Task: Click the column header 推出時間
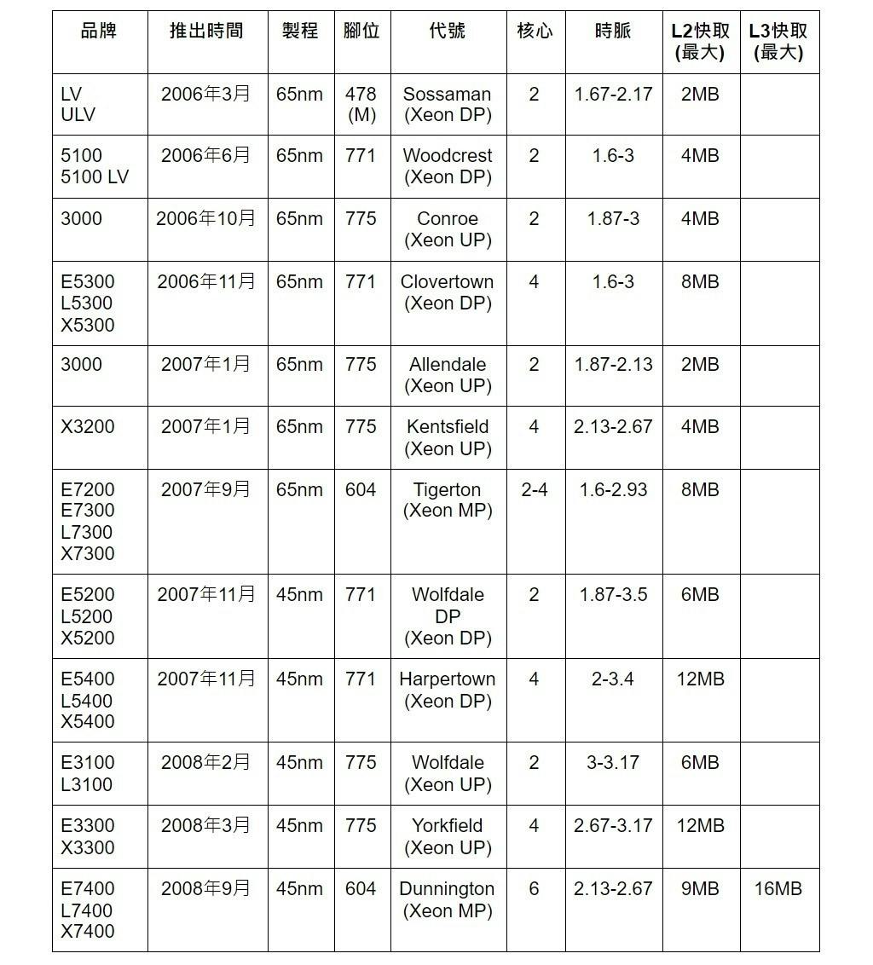pyautogui.click(x=206, y=32)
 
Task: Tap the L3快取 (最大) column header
pyautogui.click(x=778, y=42)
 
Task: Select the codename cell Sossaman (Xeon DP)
pyautogui.click(x=448, y=104)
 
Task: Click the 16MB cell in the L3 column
pyautogui.click(x=778, y=889)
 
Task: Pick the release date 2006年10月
pyautogui.click(x=206, y=218)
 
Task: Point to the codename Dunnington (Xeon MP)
pyautogui.click(x=448, y=899)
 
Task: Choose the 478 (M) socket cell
pyautogui.click(x=361, y=104)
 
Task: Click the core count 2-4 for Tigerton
pyautogui.click(x=535, y=490)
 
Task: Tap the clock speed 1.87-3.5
pyautogui.click(x=613, y=595)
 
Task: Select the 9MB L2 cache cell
pyautogui.click(x=700, y=889)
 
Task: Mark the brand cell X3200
pyautogui.click(x=88, y=427)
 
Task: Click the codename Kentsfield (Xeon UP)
pyautogui.click(x=448, y=437)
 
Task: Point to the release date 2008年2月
pyautogui.click(x=206, y=763)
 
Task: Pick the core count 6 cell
pyautogui.click(x=535, y=889)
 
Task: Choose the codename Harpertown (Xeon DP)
pyautogui.click(x=448, y=690)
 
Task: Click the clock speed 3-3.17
pyautogui.click(x=613, y=763)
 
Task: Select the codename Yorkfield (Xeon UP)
pyautogui.click(x=448, y=836)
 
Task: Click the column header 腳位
pyautogui.click(x=361, y=32)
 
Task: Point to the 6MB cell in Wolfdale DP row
pyautogui.click(x=700, y=595)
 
